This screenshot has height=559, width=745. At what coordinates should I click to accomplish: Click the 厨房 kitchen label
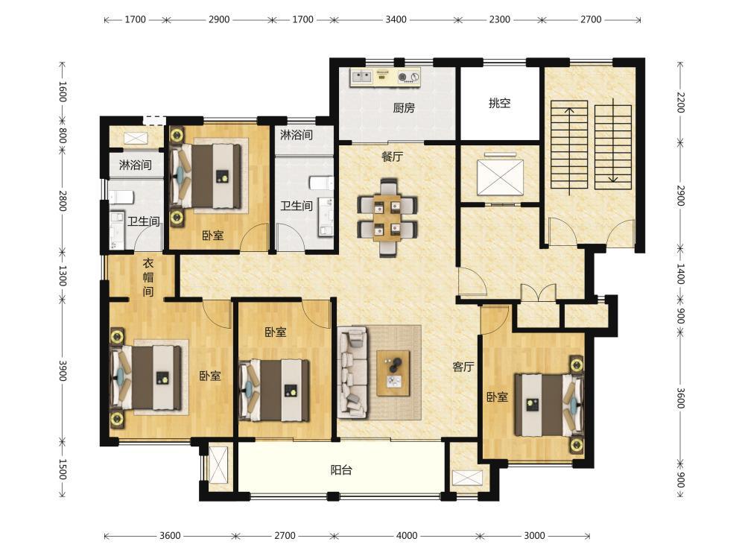(403, 108)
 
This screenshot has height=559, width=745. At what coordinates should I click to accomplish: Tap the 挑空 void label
(499, 103)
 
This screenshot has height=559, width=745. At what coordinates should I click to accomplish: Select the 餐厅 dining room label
(393, 156)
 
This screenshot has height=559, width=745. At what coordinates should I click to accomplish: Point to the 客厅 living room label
(463, 367)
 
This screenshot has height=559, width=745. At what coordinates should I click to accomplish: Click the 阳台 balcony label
(341, 470)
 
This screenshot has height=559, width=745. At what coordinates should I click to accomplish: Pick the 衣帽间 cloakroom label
(148, 277)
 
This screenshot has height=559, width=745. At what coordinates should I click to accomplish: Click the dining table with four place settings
(388, 216)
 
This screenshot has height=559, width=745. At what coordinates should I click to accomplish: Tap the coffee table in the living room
(393, 373)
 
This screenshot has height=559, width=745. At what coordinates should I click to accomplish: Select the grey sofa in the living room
(352, 372)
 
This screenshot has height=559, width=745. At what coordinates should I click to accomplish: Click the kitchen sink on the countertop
(361, 75)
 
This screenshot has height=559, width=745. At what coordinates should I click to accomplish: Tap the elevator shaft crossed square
(501, 177)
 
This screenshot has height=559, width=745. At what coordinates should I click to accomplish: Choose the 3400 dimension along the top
(396, 19)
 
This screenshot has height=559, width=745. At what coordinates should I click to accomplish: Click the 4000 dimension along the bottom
(407, 536)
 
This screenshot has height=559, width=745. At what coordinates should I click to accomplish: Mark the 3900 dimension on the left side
(63, 370)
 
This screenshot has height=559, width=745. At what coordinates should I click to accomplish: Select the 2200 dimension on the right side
(680, 102)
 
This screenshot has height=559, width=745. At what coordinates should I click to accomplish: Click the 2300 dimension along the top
(500, 19)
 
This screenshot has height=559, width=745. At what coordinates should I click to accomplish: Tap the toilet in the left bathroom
(121, 197)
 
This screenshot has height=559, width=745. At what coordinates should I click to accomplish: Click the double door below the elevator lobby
(539, 291)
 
